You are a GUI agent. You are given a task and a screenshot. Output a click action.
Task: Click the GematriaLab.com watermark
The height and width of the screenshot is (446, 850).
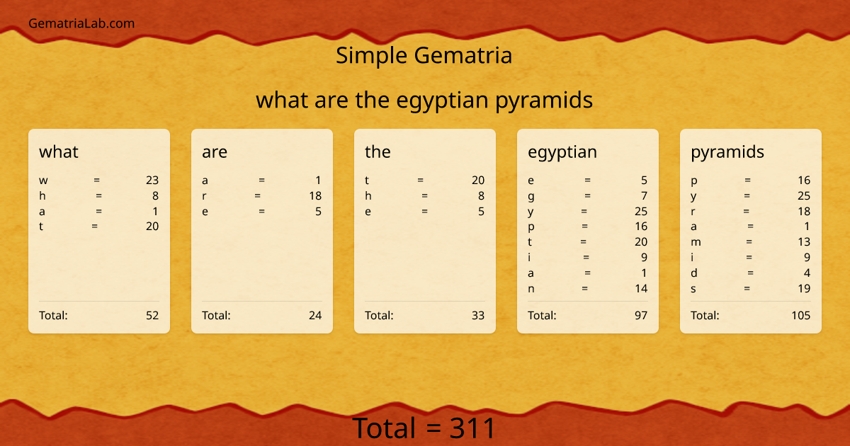click(81, 23)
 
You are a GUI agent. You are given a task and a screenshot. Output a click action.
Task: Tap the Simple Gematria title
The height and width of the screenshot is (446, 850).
click(424, 55)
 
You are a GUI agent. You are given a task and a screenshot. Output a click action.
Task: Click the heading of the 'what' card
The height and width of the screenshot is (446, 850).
click(59, 151)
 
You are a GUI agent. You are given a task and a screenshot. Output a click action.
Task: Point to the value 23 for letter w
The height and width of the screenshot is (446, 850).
click(152, 181)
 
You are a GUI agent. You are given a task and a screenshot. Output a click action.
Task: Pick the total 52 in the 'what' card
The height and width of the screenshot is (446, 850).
click(152, 316)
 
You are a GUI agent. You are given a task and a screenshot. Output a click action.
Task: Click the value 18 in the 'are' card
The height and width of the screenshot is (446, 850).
click(315, 196)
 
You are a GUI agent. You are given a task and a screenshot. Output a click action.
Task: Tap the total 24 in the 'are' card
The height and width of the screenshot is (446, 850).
click(315, 316)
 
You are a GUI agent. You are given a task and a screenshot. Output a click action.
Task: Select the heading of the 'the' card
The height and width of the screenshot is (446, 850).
click(378, 151)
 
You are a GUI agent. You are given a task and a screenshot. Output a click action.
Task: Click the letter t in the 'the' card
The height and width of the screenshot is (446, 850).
click(367, 181)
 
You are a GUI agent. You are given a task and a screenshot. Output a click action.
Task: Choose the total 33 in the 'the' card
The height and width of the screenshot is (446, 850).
click(478, 316)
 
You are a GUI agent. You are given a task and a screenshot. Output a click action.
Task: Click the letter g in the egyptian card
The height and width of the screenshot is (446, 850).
click(531, 196)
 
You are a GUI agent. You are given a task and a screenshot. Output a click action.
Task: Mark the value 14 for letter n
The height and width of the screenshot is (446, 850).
click(641, 289)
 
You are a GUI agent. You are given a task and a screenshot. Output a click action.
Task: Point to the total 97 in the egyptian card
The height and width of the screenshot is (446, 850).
click(641, 316)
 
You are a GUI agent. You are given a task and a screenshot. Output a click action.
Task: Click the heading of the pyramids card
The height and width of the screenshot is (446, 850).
click(727, 151)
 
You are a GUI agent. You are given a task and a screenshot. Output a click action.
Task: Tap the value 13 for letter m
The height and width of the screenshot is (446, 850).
click(804, 242)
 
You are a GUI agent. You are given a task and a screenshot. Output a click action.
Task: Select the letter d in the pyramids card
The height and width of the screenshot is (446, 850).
click(694, 273)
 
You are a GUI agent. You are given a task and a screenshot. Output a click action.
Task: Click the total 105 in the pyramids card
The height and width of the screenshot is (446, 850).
click(801, 316)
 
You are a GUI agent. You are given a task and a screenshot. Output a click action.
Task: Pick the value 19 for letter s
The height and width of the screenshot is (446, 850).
click(804, 289)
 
